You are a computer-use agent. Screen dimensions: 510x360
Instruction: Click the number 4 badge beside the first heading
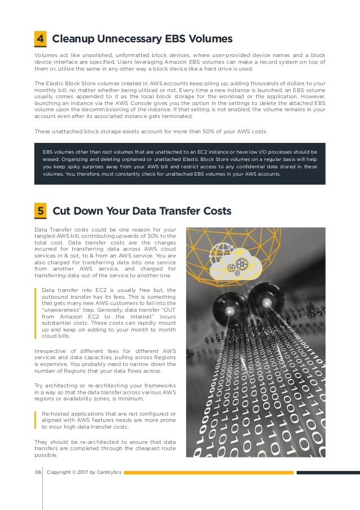(41, 39)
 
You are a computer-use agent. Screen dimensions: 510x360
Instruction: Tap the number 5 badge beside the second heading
(41, 211)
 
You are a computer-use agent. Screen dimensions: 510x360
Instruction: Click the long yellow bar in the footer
(209, 472)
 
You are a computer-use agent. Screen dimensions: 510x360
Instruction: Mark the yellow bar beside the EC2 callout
(36, 311)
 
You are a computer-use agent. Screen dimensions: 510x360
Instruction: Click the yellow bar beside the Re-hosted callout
(36, 421)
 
